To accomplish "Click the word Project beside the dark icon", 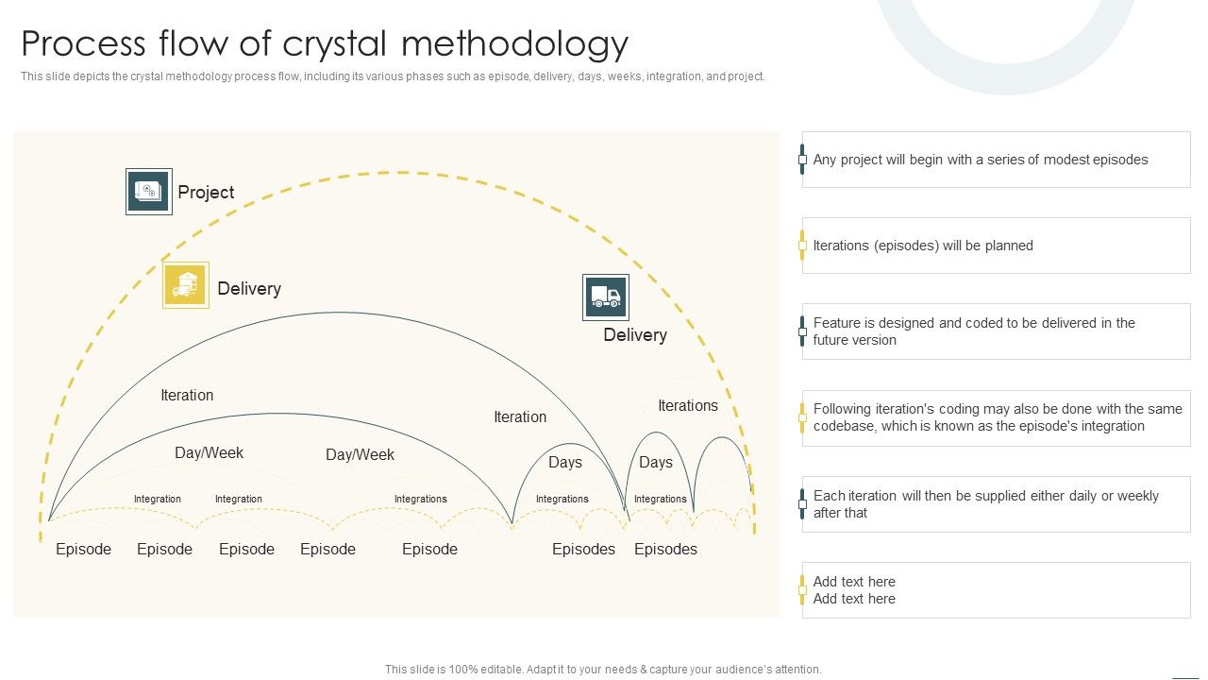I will pyautogui.click(x=206, y=193).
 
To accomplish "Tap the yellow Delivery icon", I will pyautogui.click(x=186, y=285).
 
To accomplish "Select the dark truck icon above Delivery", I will pyautogui.click(x=605, y=297).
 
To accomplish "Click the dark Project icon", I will pyautogui.click(x=149, y=192).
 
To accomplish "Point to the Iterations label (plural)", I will pyautogui.click(x=688, y=406).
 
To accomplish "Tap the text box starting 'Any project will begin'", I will pyautogui.click(x=996, y=160).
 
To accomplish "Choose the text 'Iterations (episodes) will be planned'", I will pyautogui.click(x=923, y=246).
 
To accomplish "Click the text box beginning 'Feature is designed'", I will pyautogui.click(x=996, y=331).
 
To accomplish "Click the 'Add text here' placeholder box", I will pyautogui.click(x=996, y=590).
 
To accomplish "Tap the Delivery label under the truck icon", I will pyautogui.click(x=635, y=335).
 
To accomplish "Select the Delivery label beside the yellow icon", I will pyautogui.click(x=249, y=289).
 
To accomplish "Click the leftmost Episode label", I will pyautogui.click(x=83, y=550).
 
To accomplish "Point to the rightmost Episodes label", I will pyautogui.click(x=665, y=550).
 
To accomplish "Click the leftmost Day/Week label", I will pyautogui.click(x=210, y=453).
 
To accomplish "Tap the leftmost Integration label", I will pyautogui.click(x=158, y=499).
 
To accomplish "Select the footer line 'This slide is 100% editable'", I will pyautogui.click(x=603, y=670).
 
